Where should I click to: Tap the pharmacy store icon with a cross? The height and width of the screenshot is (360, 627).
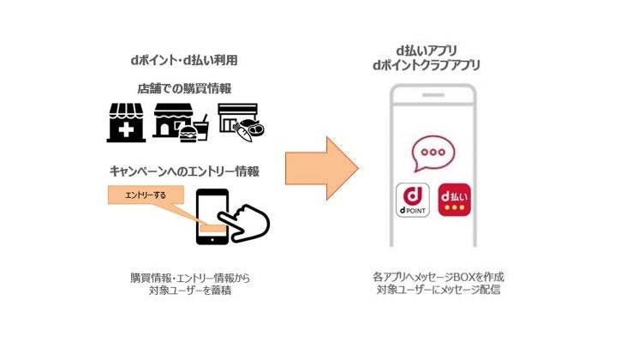pyautogui.click(x=126, y=123)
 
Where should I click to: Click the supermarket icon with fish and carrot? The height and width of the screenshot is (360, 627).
pyautogui.click(x=240, y=123)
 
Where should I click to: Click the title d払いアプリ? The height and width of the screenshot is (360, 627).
pyautogui.click(x=438, y=49)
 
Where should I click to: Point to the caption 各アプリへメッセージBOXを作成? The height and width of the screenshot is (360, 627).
pyautogui.click(x=438, y=277)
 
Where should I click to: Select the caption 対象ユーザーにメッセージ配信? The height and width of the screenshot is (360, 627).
pyautogui.click(x=438, y=291)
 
